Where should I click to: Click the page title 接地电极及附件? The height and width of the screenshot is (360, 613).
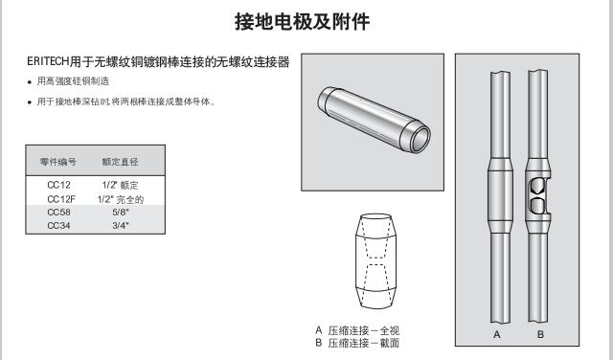[302, 21]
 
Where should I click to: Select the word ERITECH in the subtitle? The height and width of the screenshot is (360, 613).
[48, 62]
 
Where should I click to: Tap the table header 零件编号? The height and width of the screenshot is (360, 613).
[57, 162]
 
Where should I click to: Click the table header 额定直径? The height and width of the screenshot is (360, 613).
[120, 162]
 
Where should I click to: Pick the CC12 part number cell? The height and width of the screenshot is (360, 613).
[58, 185]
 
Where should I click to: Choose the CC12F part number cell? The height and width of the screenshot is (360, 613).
[61, 199]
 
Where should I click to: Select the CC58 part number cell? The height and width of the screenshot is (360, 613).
[58, 213]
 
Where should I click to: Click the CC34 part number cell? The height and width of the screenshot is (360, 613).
[58, 226]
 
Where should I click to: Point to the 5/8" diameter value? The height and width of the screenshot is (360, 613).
[121, 213]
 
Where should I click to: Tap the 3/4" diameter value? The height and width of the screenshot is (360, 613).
[121, 226]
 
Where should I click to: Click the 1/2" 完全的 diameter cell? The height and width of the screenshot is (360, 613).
[121, 199]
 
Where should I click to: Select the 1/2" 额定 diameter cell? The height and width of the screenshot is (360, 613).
[120, 185]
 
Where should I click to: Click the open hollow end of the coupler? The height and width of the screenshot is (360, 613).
[420, 138]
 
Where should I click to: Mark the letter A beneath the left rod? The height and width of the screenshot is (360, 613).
[497, 334]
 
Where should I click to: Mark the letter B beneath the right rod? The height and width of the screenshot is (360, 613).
[540, 334]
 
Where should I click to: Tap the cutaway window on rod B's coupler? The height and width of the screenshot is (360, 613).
[538, 196]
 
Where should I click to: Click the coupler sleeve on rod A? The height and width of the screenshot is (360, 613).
[500, 195]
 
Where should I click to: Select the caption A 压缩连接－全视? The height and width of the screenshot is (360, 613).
[357, 330]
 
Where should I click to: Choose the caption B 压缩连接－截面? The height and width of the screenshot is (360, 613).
[357, 343]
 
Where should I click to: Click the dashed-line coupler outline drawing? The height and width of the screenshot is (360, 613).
[375, 261]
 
